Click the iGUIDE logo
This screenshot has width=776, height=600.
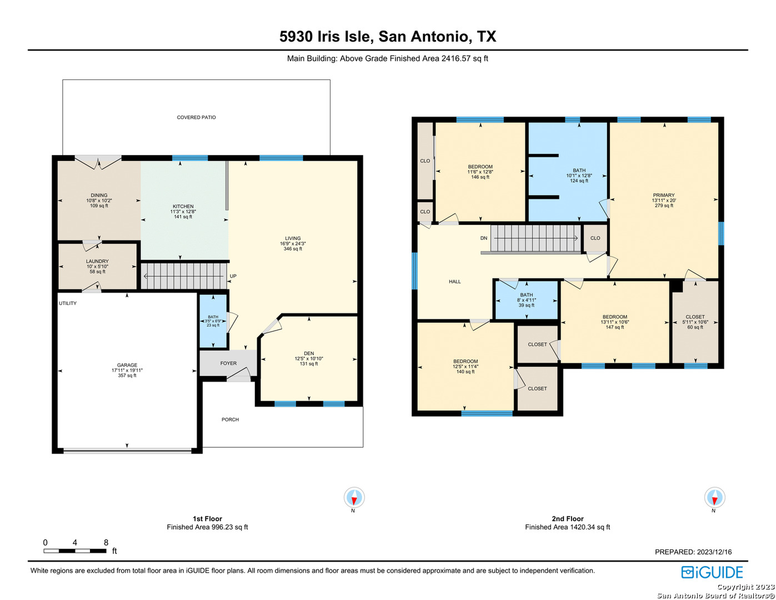pos(712,572)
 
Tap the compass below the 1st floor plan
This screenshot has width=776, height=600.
pos(354,497)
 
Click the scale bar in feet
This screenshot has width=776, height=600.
pos(75,551)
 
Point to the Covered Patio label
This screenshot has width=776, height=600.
pos(196,117)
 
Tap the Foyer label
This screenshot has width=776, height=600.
pos(228,363)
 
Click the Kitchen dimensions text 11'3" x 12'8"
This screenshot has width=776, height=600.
pos(183,212)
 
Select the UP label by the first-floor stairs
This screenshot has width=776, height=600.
pos(233,276)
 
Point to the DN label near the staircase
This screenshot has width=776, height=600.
pos(483,238)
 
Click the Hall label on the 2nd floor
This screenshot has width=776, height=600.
pos(454,282)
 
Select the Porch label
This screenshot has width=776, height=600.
pos(230,419)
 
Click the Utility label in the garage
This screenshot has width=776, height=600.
pos(68,303)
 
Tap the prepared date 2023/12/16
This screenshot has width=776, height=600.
pos(713,552)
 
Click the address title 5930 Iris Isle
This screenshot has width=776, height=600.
pos(326,37)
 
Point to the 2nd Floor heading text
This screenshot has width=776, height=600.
pos(568,518)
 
